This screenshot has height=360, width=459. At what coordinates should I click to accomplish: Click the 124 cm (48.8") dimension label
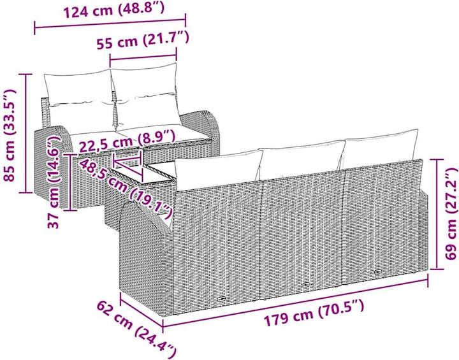pyautogui.click(x=114, y=10)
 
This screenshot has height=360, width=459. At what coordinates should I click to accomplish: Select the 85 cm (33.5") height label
pyautogui.click(x=10, y=136)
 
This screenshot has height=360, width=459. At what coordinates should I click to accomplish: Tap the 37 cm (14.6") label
pyautogui.click(x=54, y=184)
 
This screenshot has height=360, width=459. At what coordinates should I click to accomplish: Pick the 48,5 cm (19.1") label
pyautogui.click(x=126, y=188)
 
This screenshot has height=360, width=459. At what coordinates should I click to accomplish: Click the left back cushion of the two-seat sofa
pyautogui.click(x=79, y=89)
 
